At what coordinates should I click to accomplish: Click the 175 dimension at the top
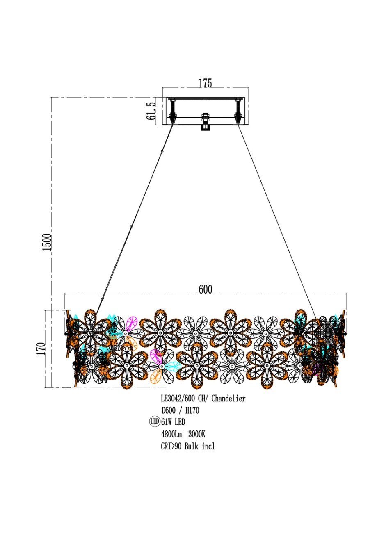coord(205,83)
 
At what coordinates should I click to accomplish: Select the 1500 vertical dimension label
coord(47,242)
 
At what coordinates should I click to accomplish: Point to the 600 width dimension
coord(205,289)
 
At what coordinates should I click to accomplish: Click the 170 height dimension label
coord(41,348)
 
